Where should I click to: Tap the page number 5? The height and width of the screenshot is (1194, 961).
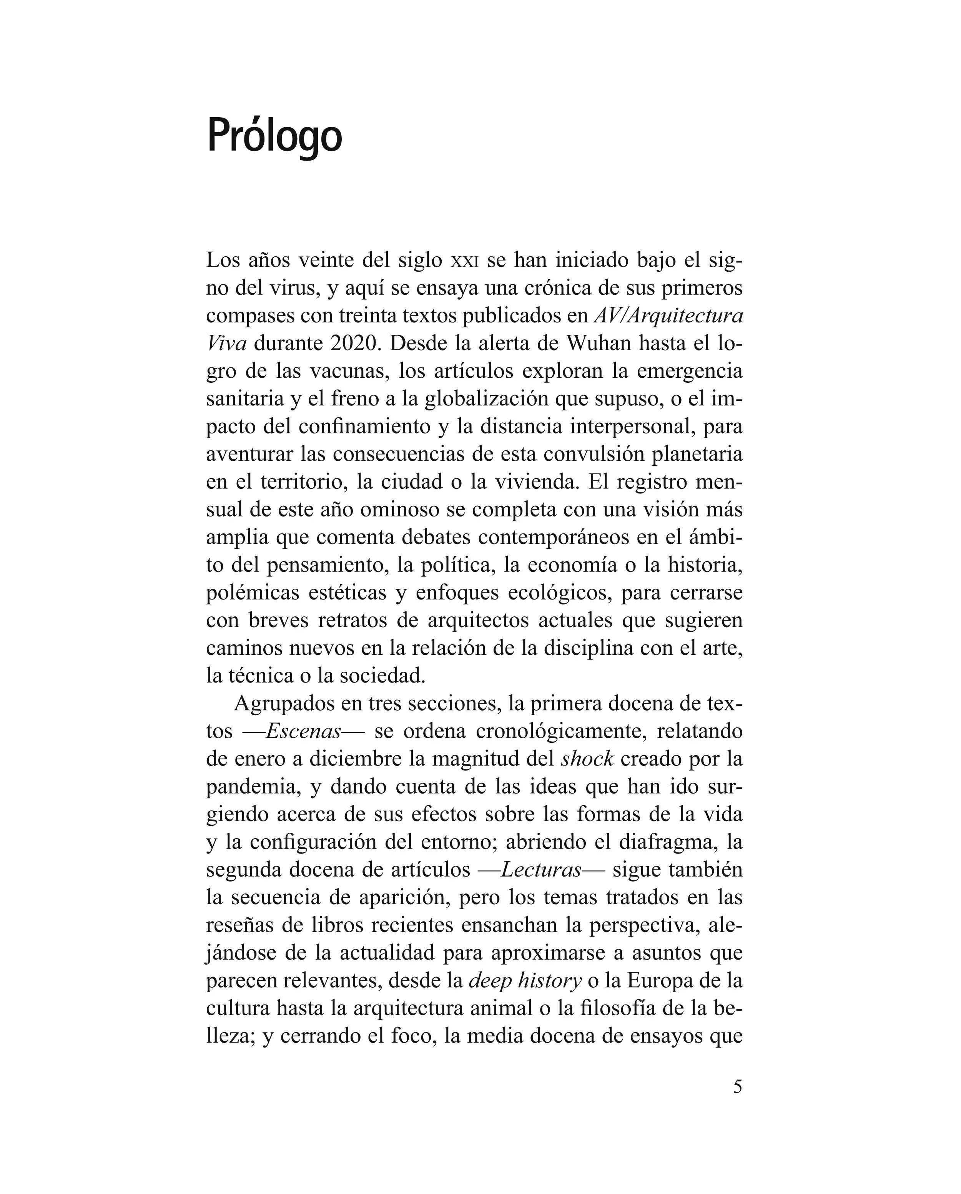pos(737,1102)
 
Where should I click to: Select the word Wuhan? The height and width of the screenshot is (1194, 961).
pos(598,344)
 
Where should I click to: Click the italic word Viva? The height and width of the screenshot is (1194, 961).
pos(226,344)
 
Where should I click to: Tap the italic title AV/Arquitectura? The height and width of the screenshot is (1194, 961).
pos(668,316)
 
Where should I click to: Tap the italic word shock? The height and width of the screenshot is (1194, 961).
pos(587,759)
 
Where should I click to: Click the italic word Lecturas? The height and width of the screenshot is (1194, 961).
pos(540,870)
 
